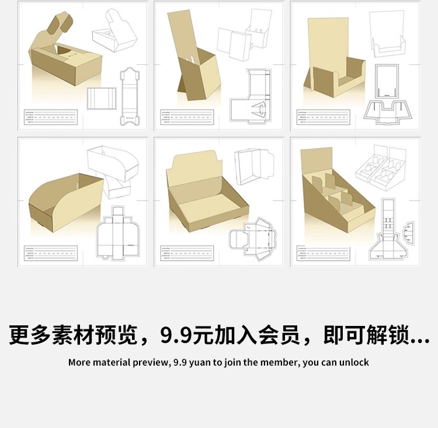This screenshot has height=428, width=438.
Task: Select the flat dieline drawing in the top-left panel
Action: coord(130,96)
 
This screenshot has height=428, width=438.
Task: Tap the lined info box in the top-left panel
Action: coord(50,117)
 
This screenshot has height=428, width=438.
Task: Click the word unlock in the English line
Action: coord(355,362)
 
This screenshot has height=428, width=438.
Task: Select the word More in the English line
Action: coord(79,362)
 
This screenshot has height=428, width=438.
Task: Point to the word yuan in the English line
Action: coord(199,362)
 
